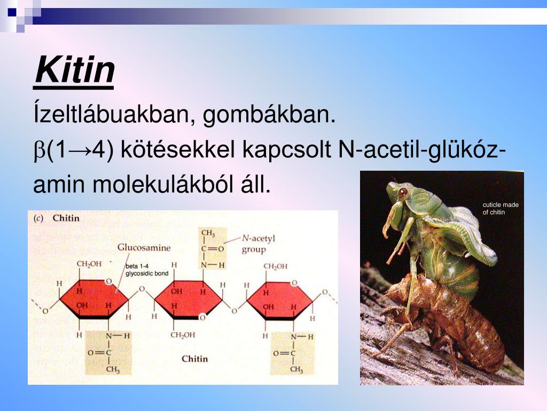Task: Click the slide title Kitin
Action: [x=74, y=71]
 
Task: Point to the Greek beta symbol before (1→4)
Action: [x=40, y=152]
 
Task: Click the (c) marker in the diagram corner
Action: [x=38, y=218]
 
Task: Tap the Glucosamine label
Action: [x=144, y=247]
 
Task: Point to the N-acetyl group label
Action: [x=258, y=244]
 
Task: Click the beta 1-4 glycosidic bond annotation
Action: [x=146, y=270]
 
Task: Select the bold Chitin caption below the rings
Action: [x=194, y=359]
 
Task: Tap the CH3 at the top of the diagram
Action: [x=208, y=233]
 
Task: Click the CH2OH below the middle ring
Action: [x=183, y=335]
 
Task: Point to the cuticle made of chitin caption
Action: [x=500, y=208]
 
